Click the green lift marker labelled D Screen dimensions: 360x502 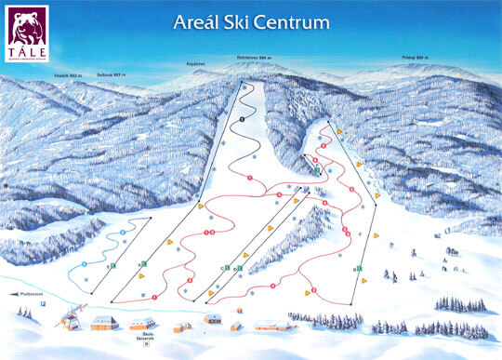click(240, 269)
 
